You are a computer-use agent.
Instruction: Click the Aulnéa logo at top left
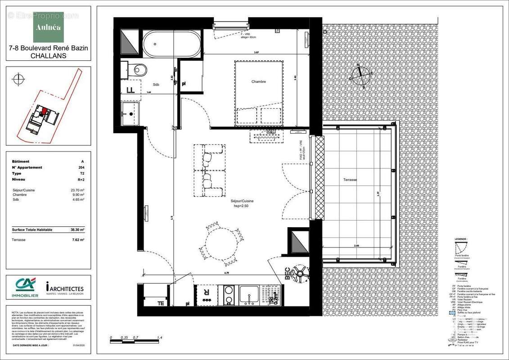point(48,27)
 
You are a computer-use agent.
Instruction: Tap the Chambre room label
point(258,82)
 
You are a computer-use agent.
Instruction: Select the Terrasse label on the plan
point(350,180)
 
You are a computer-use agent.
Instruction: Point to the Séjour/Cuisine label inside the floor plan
point(243,201)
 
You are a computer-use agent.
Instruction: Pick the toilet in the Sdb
point(139,70)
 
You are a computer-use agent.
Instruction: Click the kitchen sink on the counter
point(249,296)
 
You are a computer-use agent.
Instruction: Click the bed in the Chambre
point(259,92)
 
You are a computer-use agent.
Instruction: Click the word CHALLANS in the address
point(48,56)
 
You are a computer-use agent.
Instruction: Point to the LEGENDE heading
point(461,239)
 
